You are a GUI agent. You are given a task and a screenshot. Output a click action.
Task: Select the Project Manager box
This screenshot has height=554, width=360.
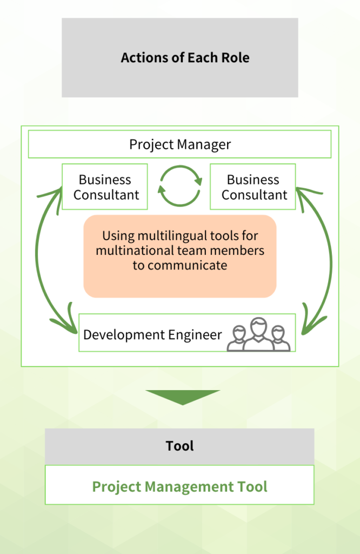[179, 145]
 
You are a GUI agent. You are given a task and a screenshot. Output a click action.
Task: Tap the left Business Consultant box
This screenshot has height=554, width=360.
[105, 187]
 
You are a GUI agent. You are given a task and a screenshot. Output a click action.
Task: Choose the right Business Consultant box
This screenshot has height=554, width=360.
[253, 187]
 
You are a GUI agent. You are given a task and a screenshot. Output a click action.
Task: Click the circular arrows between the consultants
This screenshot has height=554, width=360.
[179, 187]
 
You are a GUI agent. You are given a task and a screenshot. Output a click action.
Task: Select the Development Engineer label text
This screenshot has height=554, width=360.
[152, 335]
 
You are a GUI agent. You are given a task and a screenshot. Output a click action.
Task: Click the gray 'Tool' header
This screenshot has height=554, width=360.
[179, 446]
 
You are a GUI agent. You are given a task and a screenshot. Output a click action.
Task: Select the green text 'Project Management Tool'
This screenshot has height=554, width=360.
[179, 486]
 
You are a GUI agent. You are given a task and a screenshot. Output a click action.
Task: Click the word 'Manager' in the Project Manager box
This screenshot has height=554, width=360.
[205, 145]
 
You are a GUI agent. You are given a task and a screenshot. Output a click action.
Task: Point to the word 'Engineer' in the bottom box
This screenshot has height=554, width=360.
[195, 335]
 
